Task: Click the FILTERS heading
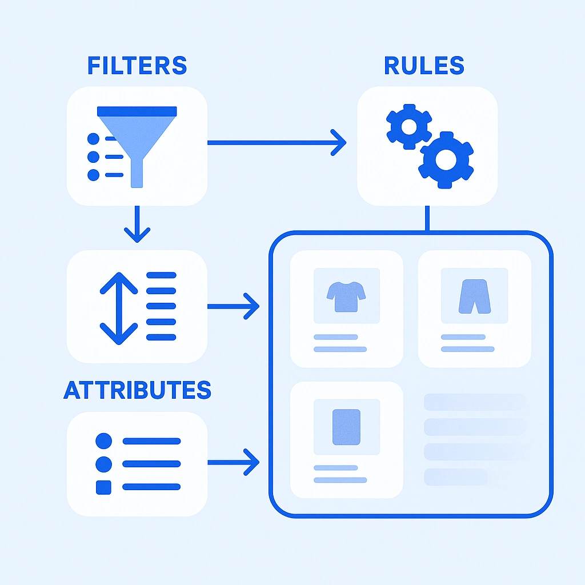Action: [137, 66]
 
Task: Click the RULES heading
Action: [424, 66]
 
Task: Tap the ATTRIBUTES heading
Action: [137, 390]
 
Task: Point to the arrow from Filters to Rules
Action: [277, 142]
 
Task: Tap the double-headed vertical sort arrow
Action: [119, 308]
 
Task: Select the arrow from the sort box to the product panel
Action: [233, 307]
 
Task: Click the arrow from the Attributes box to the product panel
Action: [233, 462]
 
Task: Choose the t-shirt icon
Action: [347, 296]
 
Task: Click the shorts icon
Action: [474, 296]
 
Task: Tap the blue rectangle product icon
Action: [346, 427]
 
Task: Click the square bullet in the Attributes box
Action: [103, 487]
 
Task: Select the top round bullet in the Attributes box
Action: [103, 440]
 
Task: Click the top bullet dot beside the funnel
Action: [93, 138]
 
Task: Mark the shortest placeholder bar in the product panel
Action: [456, 476]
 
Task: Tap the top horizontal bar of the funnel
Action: [137, 111]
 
